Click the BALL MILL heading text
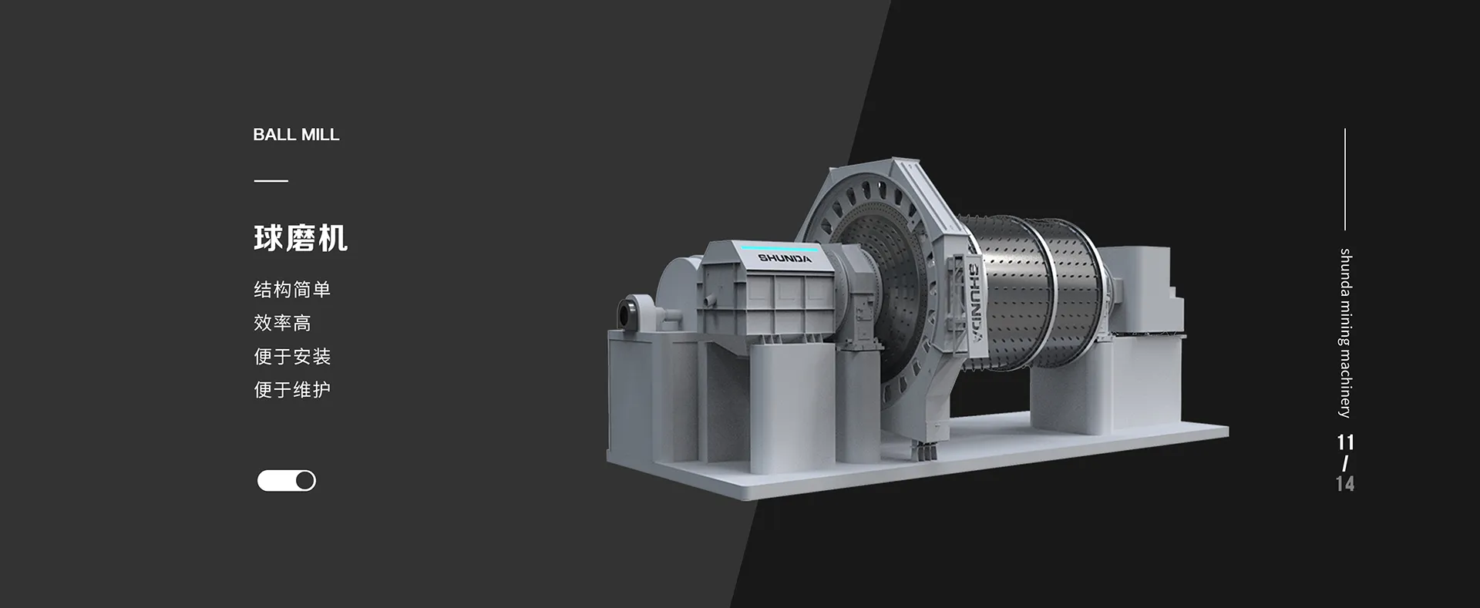pyautogui.click(x=296, y=135)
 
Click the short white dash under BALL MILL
pyautogui.click(x=271, y=181)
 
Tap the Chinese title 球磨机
pyautogui.click(x=301, y=238)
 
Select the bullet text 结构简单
pyautogui.click(x=292, y=290)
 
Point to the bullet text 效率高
pyautogui.click(x=282, y=323)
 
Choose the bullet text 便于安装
pyautogui.click(x=292, y=356)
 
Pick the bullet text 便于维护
pyautogui.click(x=292, y=390)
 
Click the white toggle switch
pyautogui.click(x=287, y=481)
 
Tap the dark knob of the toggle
pyautogui.click(x=305, y=481)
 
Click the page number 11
pyautogui.click(x=1345, y=442)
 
